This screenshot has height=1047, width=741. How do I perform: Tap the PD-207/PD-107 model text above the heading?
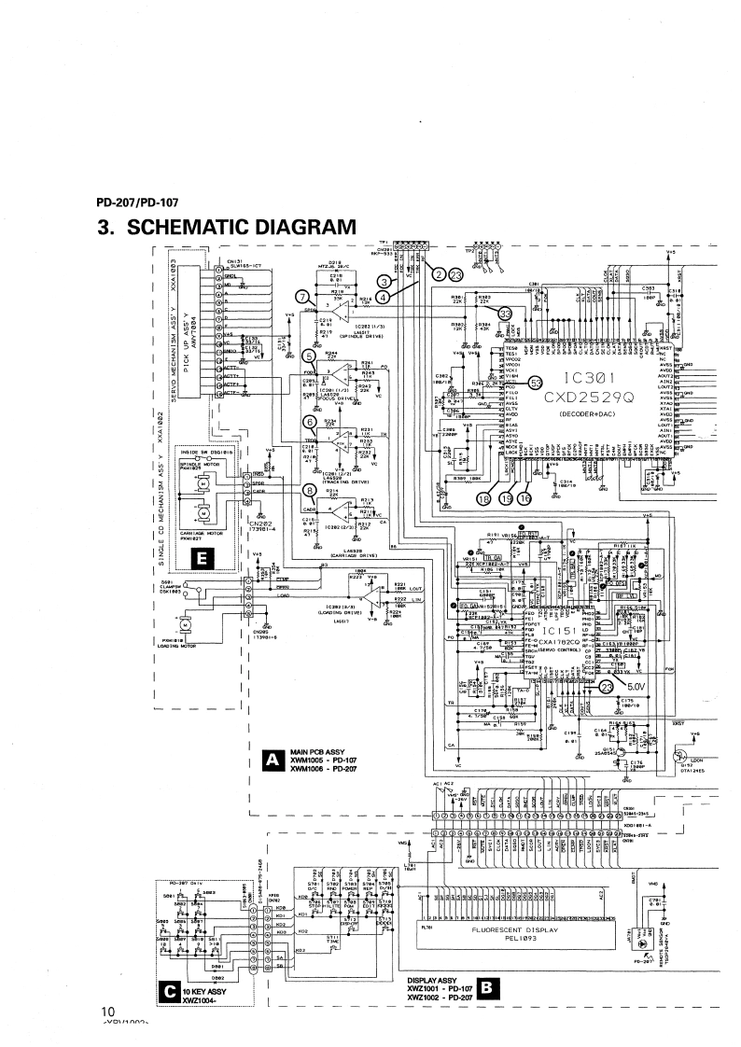138,202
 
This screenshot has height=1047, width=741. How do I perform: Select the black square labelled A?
273,760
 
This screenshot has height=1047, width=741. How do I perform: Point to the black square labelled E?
199,558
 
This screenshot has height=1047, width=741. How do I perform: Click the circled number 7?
301,296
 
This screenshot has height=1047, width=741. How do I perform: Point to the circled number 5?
309,356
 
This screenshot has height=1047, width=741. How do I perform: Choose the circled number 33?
505,314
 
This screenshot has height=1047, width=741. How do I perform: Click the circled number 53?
535,382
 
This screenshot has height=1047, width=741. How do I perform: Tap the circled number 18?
483,473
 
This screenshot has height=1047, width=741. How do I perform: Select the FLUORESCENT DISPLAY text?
514,930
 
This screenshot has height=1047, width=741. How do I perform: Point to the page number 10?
107,1011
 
